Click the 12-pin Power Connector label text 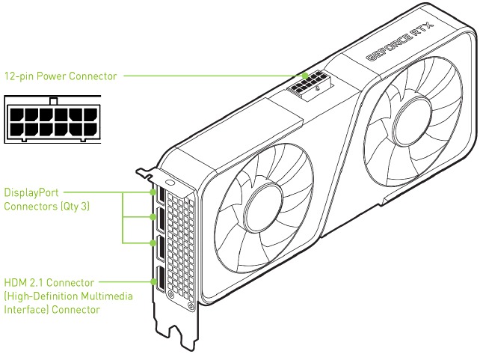61,76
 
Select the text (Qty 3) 73,205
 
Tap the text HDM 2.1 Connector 49,283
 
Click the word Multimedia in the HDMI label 108,296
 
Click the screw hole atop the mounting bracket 170,182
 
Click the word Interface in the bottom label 23,309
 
